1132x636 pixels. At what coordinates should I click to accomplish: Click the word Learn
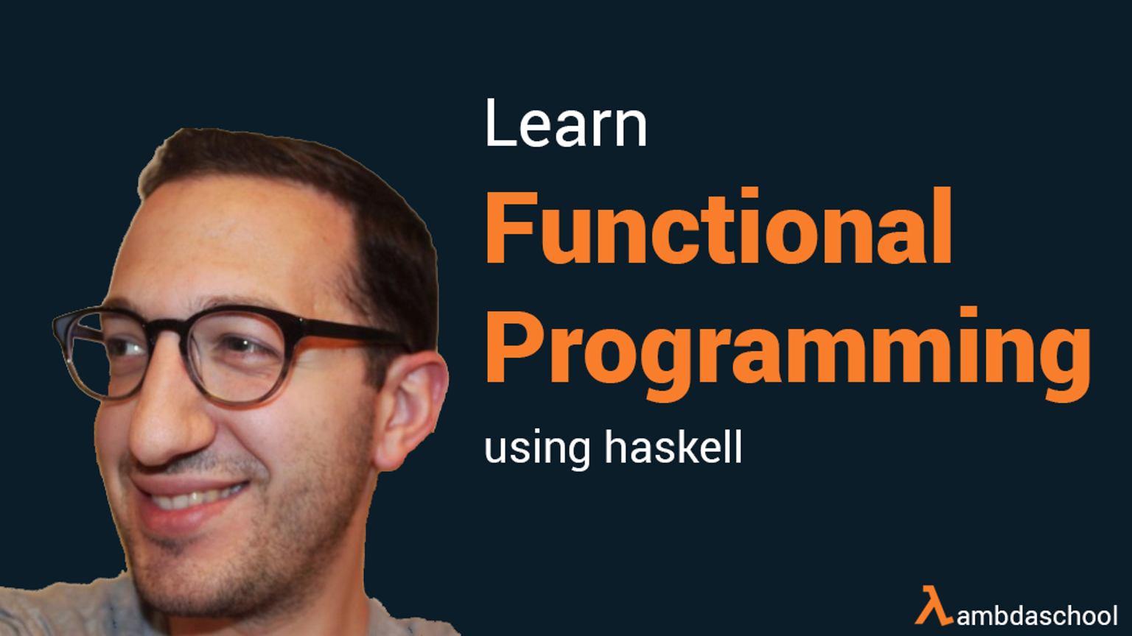[x=566, y=123]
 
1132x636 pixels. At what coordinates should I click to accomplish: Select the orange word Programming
[x=788, y=353]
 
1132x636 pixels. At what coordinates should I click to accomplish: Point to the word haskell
[x=674, y=446]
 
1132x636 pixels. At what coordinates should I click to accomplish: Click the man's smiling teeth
[x=195, y=497]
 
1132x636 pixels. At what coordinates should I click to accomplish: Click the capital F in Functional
[x=511, y=227]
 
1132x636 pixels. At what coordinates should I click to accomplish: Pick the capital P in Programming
[x=514, y=347]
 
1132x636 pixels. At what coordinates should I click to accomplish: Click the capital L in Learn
[x=500, y=123]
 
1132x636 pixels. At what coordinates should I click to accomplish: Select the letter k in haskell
[x=686, y=446]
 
